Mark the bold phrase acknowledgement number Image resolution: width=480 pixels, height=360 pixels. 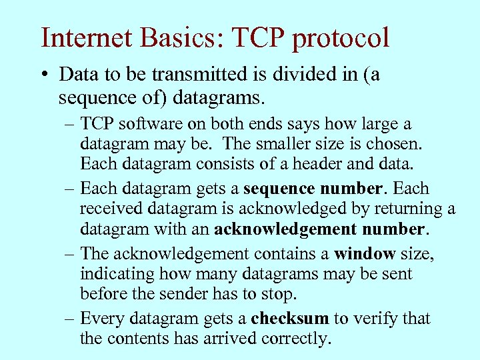(x=319, y=229)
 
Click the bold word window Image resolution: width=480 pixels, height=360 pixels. (x=365, y=255)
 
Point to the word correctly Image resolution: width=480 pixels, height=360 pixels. (x=295, y=339)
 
